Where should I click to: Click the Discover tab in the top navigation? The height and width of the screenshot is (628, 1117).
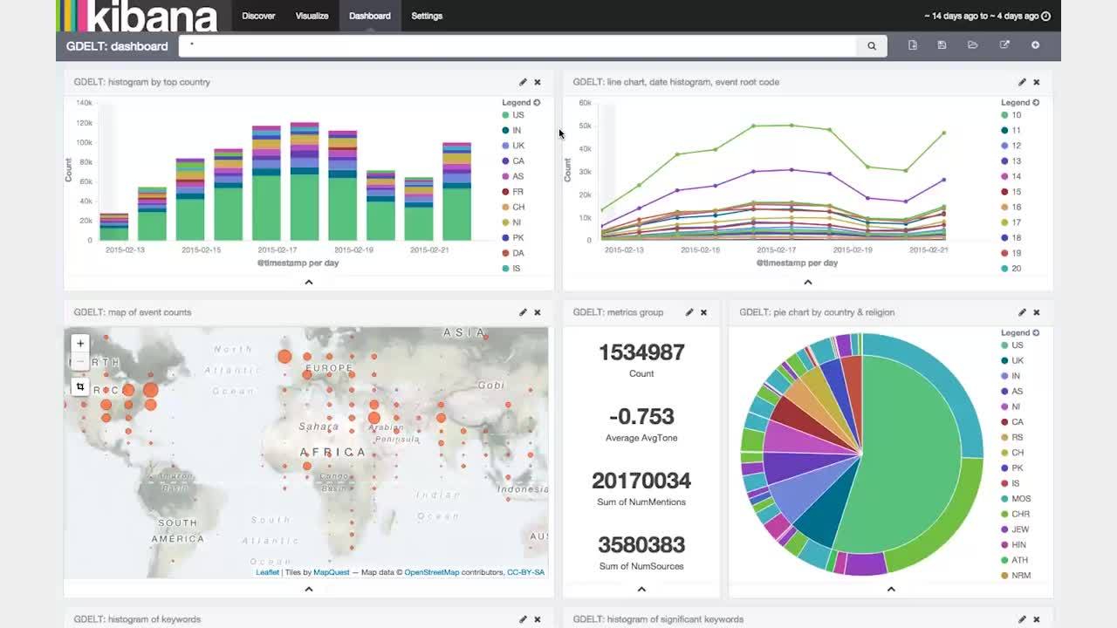tap(258, 16)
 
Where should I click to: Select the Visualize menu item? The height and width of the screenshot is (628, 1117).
tap(312, 16)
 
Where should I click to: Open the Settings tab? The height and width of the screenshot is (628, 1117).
tap(427, 16)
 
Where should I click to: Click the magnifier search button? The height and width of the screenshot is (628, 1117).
tap(871, 46)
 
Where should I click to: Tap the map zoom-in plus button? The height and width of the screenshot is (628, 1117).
tap(80, 344)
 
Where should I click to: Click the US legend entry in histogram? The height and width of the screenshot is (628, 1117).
tap(517, 115)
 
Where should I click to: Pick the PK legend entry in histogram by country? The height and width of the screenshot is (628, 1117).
tap(517, 237)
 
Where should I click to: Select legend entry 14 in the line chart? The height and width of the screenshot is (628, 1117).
tap(1016, 176)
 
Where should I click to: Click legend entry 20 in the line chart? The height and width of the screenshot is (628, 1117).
tap(1016, 269)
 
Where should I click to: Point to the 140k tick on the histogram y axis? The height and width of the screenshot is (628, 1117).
tap(84, 103)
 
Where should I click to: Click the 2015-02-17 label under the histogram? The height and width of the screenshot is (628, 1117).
tap(277, 249)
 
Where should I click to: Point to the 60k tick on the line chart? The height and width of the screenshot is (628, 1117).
tap(585, 103)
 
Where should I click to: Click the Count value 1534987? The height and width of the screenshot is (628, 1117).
tap(641, 352)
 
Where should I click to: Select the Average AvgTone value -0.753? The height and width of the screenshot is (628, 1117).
tap(641, 417)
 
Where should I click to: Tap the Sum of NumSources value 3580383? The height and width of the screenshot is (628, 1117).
tap(641, 545)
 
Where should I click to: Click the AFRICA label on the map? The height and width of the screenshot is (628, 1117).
tap(332, 452)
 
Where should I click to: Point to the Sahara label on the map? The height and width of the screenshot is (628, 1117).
tap(318, 427)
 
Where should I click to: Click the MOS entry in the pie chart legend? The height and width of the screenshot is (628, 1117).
tap(1020, 499)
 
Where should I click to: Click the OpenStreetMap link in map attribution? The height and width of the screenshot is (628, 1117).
tap(431, 572)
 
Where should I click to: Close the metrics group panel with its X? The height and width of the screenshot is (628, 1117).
tap(703, 312)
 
